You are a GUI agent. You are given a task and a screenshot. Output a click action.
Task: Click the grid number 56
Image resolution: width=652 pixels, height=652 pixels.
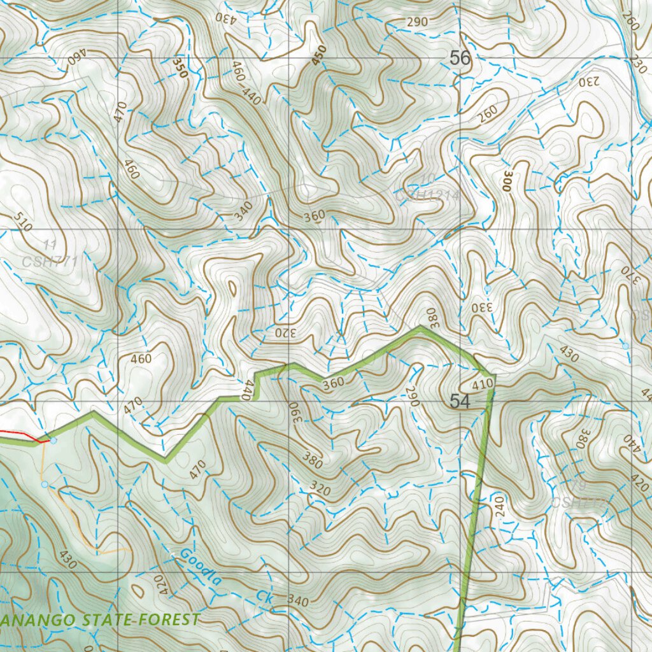[x=460, y=58]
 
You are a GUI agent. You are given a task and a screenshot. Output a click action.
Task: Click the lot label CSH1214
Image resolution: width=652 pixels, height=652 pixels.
[x=427, y=195]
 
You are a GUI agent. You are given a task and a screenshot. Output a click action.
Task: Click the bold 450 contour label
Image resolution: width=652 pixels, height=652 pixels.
[x=318, y=56]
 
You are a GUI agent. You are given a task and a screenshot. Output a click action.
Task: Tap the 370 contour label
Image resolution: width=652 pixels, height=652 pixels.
[x=629, y=274]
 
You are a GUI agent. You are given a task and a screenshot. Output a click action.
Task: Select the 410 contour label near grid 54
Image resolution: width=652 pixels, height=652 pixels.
[x=483, y=385]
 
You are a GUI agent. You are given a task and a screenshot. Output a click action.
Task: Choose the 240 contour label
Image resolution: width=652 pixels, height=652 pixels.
[x=498, y=507]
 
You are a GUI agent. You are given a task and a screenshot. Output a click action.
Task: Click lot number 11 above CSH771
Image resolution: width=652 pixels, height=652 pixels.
[x=51, y=244]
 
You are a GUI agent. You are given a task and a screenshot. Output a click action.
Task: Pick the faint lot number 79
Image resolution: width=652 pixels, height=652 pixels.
[x=578, y=486]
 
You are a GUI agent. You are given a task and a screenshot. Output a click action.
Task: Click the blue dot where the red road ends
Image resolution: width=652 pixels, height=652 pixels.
[x=53, y=441]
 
